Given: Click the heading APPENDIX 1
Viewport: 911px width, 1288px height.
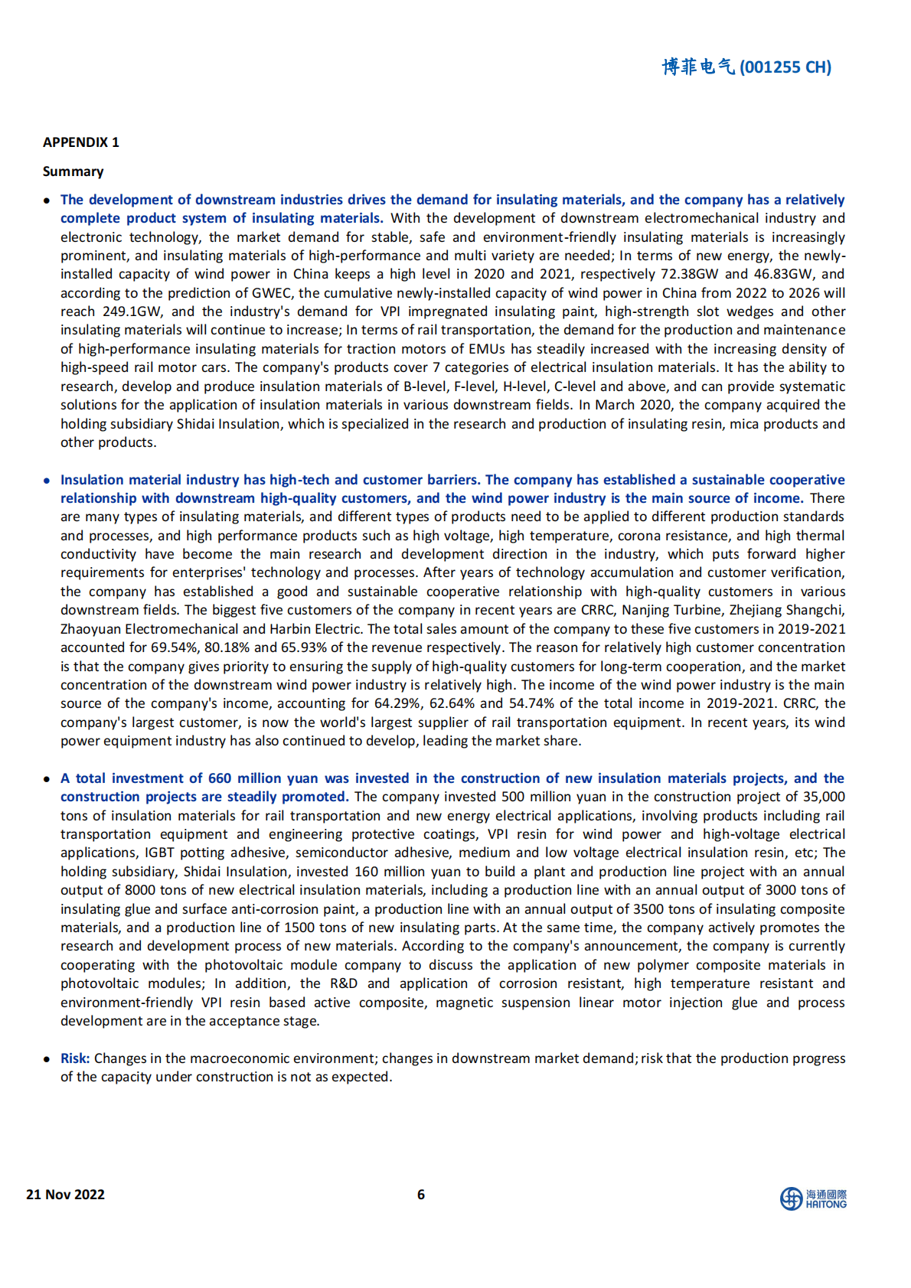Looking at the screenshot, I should (x=80, y=142).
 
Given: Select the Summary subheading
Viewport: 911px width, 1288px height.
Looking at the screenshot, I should (x=73, y=171).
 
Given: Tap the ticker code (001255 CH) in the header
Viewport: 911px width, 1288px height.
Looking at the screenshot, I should (x=785, y=67).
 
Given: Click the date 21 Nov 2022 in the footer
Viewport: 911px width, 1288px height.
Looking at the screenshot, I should (x=65, y=1195).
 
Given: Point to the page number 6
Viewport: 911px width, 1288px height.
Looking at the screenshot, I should (x=420, y=1195).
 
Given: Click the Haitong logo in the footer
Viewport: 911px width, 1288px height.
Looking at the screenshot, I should (x=813, y=1198).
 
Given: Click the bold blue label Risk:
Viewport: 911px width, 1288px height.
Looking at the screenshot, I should (x=75, y=1058).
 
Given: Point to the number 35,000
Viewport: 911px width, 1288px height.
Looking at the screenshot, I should (x=823, y=797).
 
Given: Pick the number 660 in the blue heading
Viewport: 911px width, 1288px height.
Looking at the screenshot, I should (x=219, y=778).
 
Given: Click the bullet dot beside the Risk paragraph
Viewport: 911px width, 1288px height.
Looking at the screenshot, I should (x=47, y=1059).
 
